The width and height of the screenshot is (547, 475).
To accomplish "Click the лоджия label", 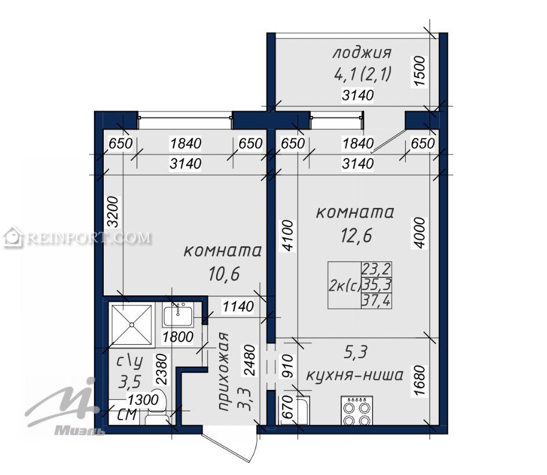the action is pos(362,53).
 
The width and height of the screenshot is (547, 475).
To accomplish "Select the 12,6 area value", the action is pos(356,235).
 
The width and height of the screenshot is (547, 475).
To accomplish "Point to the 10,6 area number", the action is pos(224,274).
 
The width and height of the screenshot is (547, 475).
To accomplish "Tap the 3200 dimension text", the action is pos(114,212).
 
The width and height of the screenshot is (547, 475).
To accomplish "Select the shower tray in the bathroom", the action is pos(132,325).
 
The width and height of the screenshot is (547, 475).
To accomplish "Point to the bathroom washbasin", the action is pos(178,314).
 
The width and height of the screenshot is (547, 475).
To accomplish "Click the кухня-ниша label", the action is pos(355,375).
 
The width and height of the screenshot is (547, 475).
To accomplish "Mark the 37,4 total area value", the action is pos(377,300).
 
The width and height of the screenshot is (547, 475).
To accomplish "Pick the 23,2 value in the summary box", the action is pos(377,269).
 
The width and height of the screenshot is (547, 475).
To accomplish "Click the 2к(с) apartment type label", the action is pos(344,286).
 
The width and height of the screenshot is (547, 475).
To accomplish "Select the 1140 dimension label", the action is pos(238,306).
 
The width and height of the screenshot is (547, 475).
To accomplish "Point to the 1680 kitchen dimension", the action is pos(420,381).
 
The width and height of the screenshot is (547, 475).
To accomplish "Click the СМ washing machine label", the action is pos(127,415).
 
